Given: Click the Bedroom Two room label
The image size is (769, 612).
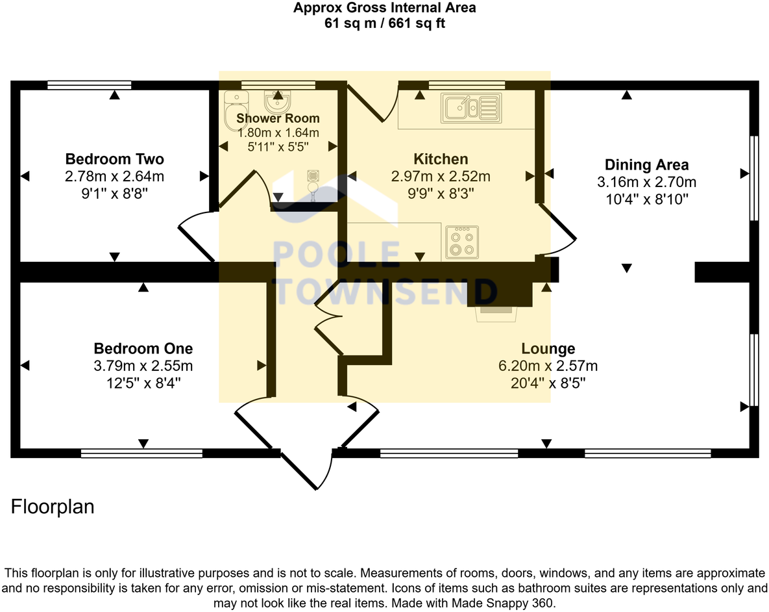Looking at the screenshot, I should (114, 159).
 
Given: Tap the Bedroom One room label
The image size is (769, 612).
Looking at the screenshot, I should (143, 348).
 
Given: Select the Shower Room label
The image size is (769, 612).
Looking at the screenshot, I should (278, 118).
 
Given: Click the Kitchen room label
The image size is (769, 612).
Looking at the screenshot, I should (441, 159).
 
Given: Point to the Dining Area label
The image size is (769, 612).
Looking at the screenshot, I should (646, 164).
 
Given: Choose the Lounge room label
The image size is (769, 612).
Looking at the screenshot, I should (548, 349).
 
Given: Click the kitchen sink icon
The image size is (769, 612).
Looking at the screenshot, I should (471, 107).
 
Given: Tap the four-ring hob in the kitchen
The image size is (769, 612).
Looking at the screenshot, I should (462, 242).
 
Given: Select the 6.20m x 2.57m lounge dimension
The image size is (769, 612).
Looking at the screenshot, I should (548, 366).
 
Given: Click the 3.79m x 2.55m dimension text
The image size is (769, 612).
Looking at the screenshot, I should (143, 366).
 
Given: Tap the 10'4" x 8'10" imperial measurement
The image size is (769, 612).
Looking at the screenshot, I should (646, 199).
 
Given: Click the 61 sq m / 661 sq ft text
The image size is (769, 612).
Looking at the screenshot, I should (384, 24).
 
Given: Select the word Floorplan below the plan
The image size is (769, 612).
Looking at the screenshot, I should (53, 507).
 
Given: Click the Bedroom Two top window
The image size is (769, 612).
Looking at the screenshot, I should (90, 84).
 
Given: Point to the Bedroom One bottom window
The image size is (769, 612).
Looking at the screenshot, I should (141, 453).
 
